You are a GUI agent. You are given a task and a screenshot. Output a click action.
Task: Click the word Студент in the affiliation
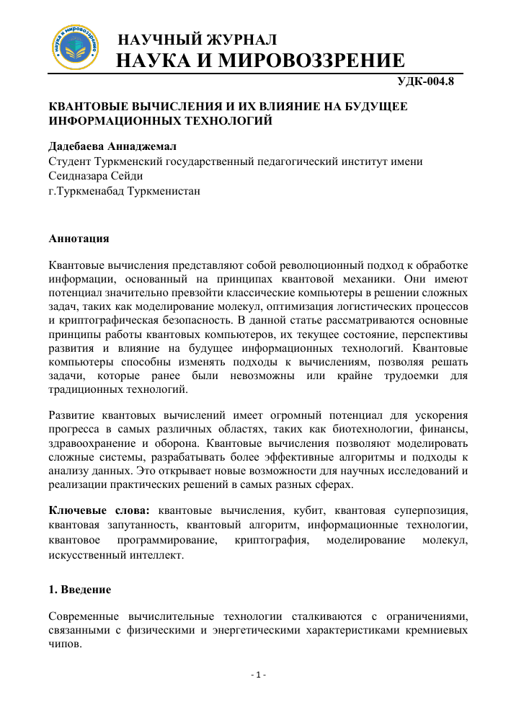71,162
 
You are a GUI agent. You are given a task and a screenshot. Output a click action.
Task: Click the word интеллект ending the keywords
148,555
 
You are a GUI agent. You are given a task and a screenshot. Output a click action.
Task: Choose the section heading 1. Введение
79,590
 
